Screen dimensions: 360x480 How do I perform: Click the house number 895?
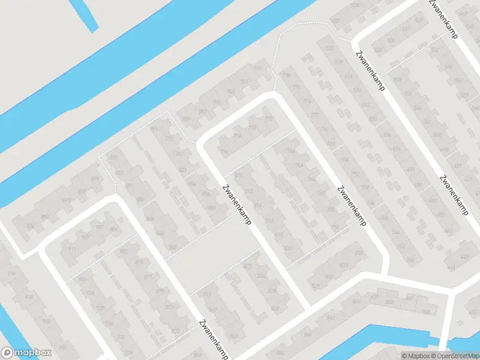(x=95, y=179)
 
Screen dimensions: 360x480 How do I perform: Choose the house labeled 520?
(x=328, y=48)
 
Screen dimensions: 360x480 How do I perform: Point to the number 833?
(x=359, y=253)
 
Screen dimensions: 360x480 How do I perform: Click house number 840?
(x=356, y=301)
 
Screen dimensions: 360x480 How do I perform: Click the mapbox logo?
(x=26, y=353)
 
